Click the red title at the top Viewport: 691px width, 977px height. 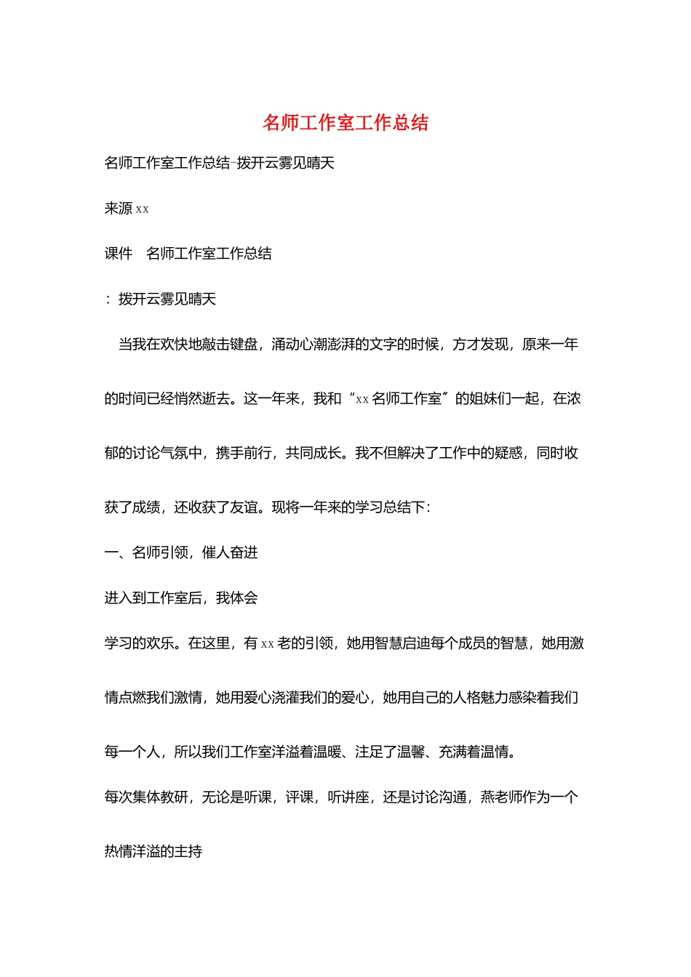pos(345,123)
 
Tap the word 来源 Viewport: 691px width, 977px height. pos(119,209)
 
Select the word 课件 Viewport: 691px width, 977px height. pos(119,254)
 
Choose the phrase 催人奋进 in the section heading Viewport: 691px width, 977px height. pos(230,553)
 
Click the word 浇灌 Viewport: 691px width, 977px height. pos(285,699)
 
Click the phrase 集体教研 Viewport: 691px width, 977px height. pos(160,798)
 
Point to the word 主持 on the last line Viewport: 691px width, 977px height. pos(188,853)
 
